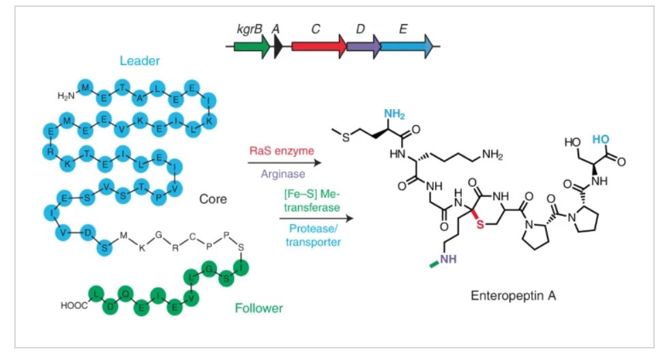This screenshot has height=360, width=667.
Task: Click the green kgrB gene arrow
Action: [x=251, y=46]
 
